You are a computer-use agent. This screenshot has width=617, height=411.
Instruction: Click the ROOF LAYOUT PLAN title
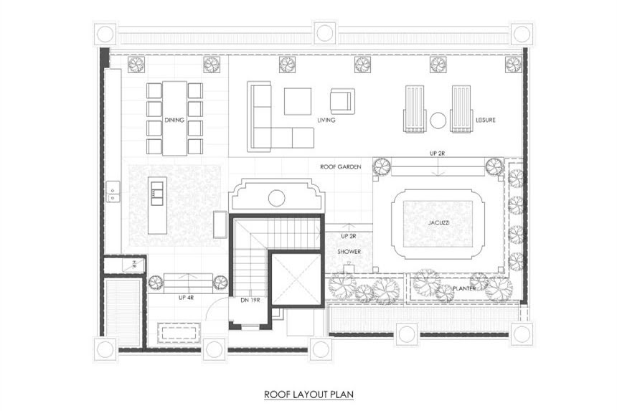[308, 394]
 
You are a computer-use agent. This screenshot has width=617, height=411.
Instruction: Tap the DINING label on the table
[174, 120]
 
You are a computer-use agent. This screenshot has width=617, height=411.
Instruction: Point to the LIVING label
[326, 120]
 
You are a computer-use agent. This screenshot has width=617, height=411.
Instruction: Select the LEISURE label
[486, 120]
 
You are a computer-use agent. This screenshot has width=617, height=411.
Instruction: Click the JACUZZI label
[439, 223]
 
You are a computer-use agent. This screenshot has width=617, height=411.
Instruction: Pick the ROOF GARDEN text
[340, 166]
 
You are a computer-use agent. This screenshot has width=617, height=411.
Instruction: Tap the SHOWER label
[349, 251]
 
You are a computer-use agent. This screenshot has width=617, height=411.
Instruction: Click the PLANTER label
[464, 288]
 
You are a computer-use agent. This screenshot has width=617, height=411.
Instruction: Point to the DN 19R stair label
[250, 300]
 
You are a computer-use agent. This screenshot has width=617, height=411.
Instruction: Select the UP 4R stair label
[186, 298]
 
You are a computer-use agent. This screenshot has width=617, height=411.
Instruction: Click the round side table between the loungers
[438, 121]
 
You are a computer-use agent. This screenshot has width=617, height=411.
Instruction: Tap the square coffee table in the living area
[298, 101]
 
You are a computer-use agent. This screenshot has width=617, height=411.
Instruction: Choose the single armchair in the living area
[342, 101]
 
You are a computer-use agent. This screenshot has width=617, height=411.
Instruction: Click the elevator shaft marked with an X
[296, 279]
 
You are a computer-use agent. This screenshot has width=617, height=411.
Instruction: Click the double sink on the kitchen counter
[113, 192]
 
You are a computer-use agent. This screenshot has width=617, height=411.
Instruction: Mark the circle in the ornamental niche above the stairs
[277, 198]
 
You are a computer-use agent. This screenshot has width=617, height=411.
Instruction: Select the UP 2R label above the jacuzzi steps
[437, 153]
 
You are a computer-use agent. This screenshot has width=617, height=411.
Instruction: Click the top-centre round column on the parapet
[325, 33]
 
